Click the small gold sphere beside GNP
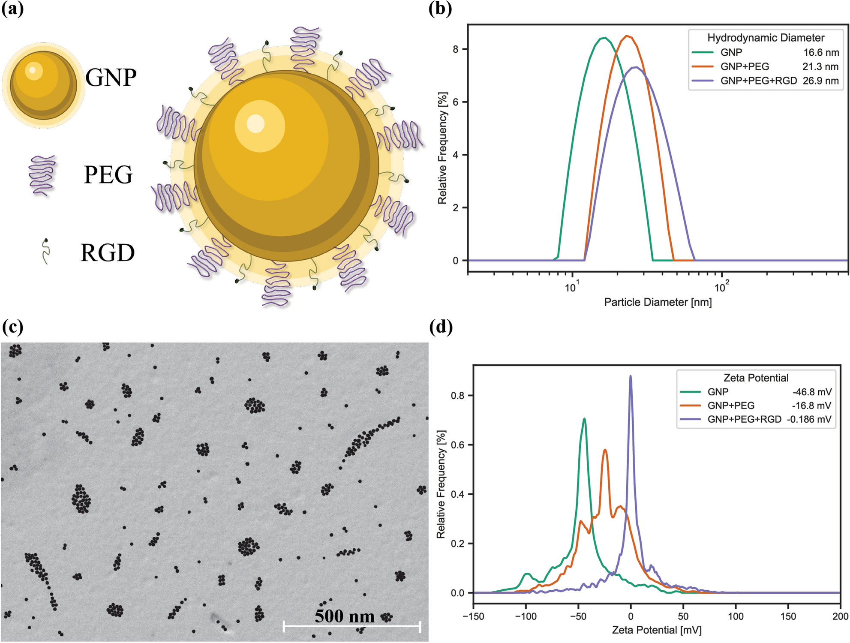[43, 85]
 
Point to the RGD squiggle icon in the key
[45, 252]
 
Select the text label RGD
[108, 253]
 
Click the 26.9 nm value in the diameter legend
[820, 81]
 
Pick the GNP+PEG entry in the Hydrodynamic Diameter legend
[745, 66]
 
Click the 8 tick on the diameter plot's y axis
[455, 49]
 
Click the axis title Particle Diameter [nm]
[658, 302]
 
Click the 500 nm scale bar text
[344, 616]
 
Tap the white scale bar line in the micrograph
[351, 626]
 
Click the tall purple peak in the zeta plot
[630, 376]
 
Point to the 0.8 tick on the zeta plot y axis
[457, 395]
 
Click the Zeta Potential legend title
[756, 378]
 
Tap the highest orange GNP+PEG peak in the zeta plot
[605, 450]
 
